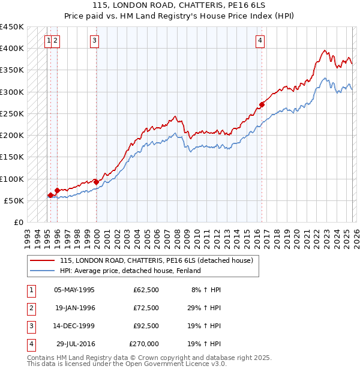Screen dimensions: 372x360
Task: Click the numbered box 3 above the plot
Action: pyautogui.click(x=95, y=41)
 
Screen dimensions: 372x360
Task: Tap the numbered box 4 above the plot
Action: pyautogui.click(x=260, y=41)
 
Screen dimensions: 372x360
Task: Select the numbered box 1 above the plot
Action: pyautogui.click(x=48, y=41)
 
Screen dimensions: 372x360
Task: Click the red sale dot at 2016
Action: pyautogui.click(x=262, y=104)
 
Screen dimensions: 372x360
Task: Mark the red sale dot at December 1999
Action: pyautogui.click(x=96, y=181)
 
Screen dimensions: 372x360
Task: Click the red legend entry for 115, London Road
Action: pyautogui.click(x=156, y=260)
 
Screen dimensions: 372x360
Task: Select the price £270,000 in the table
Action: pyautogui.click(x=144, y=344)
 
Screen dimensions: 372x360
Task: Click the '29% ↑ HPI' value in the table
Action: pyautogui.click(x=205, y=308)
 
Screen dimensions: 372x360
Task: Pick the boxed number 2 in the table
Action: pyautogui.click(x=31, y=308)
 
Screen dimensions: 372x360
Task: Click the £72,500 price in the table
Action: pyautogui.click(x=146, y=308)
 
